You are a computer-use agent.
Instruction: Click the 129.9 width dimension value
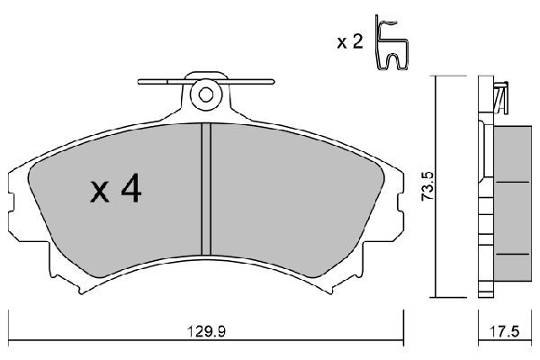pos(206,332)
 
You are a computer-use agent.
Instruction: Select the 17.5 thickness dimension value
pos(504,332)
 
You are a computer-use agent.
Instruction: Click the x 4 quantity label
pos(116,188)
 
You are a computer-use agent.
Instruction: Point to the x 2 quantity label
pos(350,42)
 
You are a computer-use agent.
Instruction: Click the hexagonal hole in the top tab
pos(206,94)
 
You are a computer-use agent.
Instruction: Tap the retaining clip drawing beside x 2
pos(391,43)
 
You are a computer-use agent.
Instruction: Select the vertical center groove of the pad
pos(206,190)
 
